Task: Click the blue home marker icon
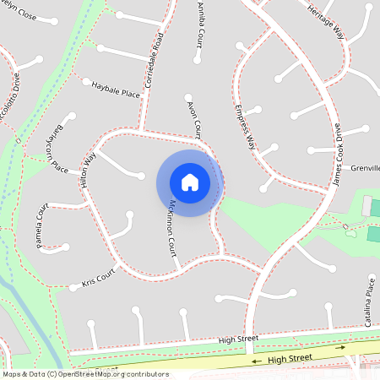190,182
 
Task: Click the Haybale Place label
116,90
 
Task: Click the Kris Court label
98,278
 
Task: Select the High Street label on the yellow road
290,358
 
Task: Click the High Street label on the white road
238,339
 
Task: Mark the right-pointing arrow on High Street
341,347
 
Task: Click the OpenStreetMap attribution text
85,373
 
